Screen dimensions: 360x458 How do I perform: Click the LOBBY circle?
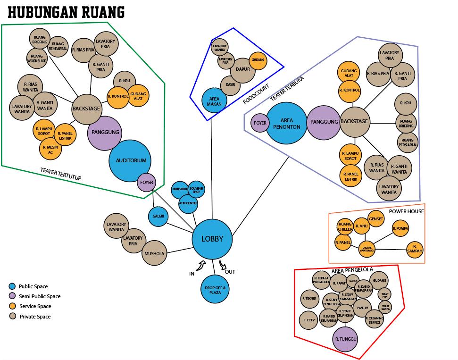point(212,239)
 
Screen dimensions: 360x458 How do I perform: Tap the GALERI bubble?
point(158,217)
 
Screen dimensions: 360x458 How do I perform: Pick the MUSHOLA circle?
point(155,253)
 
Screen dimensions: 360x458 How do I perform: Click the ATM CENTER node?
point(188,203)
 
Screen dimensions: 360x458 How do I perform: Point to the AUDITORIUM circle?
point(131,161)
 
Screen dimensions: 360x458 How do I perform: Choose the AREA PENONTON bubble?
point(286,123)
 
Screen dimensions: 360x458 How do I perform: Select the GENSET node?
point(376,219)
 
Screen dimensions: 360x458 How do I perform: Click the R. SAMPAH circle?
point(415,249)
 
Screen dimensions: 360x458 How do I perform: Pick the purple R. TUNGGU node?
point(346,339)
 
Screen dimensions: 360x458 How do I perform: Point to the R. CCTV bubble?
point(309,320)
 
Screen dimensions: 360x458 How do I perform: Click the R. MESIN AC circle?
point(50,150)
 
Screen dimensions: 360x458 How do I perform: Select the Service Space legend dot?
point(13,306)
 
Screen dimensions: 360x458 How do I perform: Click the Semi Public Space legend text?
point(40,296)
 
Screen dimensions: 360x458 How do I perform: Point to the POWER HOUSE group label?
point(406,211)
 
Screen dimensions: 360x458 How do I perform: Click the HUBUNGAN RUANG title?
point(67,12)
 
